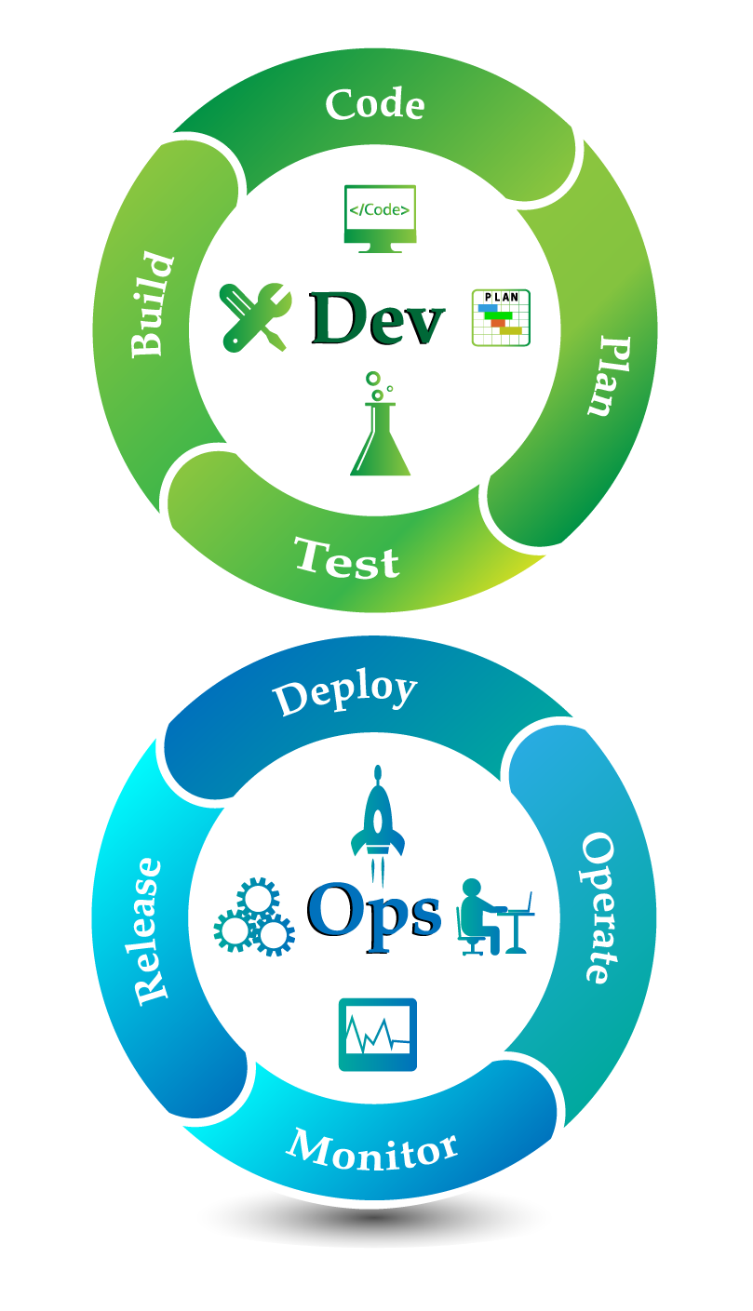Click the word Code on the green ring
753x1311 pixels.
[375, 104]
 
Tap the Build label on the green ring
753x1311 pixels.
[154, 304]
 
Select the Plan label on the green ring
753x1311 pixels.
[609, 376]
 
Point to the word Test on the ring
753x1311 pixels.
[346, 559]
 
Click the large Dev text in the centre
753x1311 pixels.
[377, 319]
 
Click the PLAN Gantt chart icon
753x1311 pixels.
[501, 318]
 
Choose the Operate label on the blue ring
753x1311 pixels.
[598, 908]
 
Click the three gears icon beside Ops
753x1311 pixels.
[254, 916]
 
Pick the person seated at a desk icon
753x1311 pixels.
[495, 916]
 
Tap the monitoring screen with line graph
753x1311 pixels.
[378, 1035]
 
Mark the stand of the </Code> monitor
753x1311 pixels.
[380, 247]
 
